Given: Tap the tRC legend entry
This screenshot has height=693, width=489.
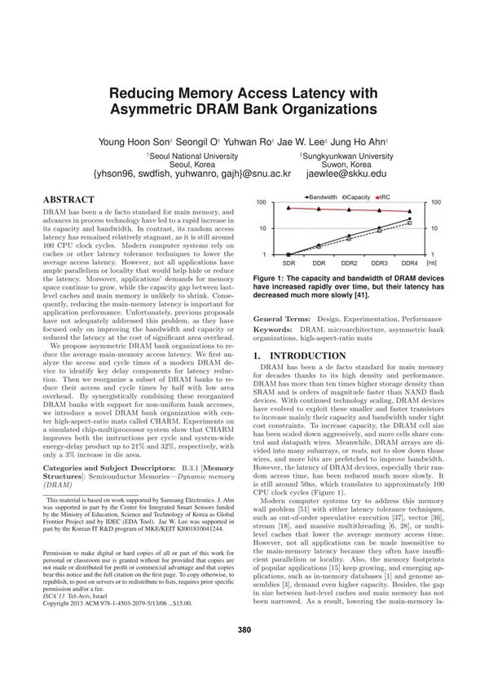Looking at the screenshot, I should (389, 196).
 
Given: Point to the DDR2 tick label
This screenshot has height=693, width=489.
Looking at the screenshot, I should (349, 264).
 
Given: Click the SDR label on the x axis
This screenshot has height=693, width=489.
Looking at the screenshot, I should (289, 264).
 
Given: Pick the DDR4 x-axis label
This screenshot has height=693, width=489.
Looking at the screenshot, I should (409, 264).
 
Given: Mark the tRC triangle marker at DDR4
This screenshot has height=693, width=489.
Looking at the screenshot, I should (409, 212).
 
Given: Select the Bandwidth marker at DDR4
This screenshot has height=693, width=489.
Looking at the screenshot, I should (409, 218).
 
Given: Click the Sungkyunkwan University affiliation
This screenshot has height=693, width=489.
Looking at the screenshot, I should (349, 155).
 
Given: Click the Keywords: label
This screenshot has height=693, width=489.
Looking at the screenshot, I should (275, 328).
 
